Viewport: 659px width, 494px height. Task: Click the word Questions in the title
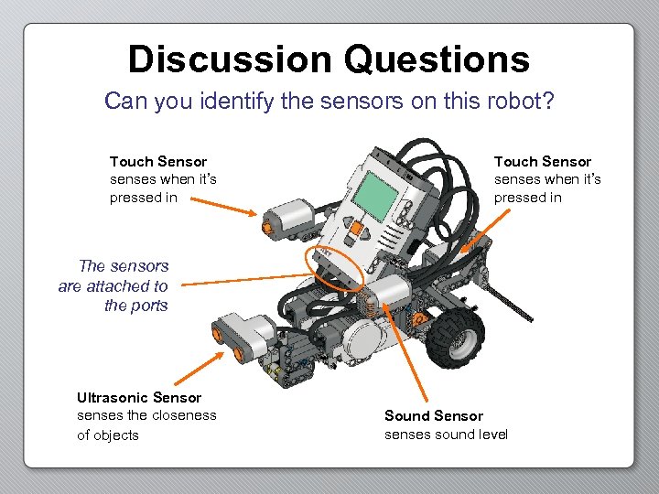tap(438, 60)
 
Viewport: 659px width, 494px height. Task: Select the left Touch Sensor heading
tap(158, 162)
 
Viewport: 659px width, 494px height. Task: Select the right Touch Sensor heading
tap(543, 162)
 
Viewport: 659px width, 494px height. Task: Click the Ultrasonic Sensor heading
tap(139, 398)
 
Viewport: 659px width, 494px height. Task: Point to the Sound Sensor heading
tap(434, 416)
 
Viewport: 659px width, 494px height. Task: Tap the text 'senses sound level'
tap(446, 435)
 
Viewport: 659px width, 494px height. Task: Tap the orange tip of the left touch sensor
tap(267, 221)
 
